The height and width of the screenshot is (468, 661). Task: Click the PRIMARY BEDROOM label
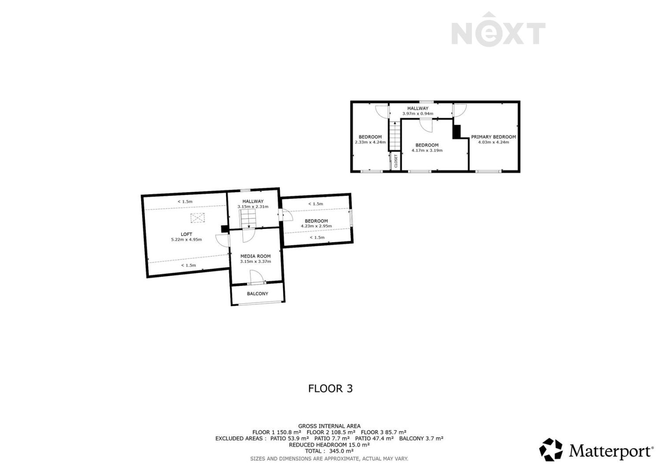coord(494,137)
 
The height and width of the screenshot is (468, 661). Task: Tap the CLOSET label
coord(396,161)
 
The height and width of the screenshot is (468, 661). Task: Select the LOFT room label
coord(186,234)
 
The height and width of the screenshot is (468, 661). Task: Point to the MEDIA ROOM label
coord(255,256)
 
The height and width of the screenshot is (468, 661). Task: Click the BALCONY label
coord(257,293)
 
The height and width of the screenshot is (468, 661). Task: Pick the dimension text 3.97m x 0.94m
coord(418,113)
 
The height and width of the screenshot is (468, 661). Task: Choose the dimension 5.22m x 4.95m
coord(186,240)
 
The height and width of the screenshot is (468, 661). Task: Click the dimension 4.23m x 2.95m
coord(316,226)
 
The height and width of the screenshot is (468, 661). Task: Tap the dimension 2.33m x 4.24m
coord(370,142)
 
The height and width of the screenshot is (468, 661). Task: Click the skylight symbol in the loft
coord(197,218)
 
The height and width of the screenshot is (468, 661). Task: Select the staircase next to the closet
coord(394,135)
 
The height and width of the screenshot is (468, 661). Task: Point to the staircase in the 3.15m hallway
coord(248,219)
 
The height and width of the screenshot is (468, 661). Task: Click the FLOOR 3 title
coord(330,388)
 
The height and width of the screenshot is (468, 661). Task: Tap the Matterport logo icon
coord(551,449)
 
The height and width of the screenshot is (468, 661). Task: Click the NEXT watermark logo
coord(498,30)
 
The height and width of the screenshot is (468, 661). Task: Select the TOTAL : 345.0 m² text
coord(329,451)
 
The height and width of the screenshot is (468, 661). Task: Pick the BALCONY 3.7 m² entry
coord(421,438)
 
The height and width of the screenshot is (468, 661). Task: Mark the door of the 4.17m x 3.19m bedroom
coord(426,125)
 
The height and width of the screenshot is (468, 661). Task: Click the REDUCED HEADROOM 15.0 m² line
coord(329,445)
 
